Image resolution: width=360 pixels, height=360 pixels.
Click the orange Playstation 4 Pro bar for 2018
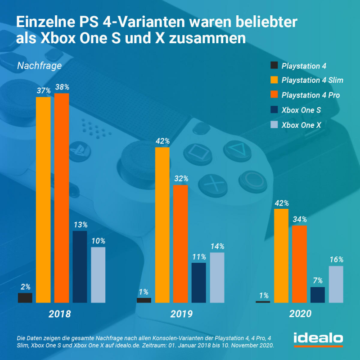(62, 198)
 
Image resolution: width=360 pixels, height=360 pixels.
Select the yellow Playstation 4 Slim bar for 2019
(162, 225)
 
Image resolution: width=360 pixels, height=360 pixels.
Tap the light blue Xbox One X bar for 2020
(336, 284)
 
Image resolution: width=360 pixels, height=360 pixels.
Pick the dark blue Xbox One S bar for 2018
(80, 267)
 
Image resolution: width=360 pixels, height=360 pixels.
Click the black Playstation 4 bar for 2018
(25, 298)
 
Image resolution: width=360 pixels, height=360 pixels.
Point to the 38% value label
(62, 86)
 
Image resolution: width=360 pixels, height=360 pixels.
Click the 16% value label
(336, 260)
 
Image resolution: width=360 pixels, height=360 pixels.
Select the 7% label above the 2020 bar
(318, 281)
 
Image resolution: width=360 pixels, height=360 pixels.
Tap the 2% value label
(25, 286)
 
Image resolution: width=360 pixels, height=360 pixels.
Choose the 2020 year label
(300, 314)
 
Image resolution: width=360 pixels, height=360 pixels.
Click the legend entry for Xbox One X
(301, 125)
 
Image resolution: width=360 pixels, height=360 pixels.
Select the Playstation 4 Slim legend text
(312, 81)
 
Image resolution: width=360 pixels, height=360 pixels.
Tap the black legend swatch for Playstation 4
(274, 66)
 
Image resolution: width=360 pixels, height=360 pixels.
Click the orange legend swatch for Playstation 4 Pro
(274, 95)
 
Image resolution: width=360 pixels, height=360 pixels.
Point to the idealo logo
(318, 338)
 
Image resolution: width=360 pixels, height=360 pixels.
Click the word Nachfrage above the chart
(39, 66)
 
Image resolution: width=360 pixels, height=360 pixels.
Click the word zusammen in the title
(208, 38)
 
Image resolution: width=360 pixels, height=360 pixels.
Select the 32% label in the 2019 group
(180, 179)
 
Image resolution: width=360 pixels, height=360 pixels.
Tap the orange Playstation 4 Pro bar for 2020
(300, 264)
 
